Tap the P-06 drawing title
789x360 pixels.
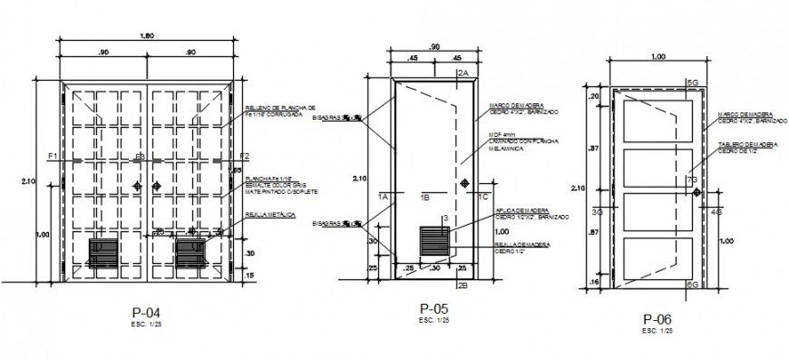(x=657, y=319)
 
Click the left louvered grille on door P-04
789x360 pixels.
(x=106, y=253)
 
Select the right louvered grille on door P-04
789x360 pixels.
(x=192, y=253)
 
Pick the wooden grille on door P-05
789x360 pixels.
(x=435, y=242)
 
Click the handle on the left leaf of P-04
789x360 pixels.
(x=137, y=186)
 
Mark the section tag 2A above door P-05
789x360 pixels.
(x=462, y=72)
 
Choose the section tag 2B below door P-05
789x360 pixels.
(x=462, y=286)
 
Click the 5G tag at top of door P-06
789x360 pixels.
(x=691, y=83)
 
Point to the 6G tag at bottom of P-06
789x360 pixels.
(x=691, y=285)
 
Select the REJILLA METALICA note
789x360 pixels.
(x=264, y=215)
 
